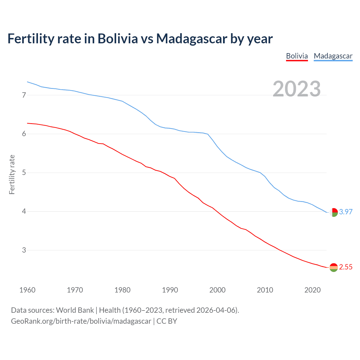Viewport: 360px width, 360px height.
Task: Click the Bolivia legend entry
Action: pos(297,56)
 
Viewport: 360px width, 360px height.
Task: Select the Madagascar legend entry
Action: pos(333,56)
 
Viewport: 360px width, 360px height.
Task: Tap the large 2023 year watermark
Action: pos(297,89)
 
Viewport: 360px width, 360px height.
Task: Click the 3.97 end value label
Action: pos(346,212)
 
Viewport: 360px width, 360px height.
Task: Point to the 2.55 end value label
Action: pos(346,267)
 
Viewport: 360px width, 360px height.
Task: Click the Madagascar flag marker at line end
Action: pos(334,212)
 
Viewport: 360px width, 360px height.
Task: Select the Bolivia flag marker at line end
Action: pos(334,267)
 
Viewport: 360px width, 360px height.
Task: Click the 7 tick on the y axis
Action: pos(24,95)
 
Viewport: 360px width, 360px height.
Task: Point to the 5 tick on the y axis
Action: pos(24,172)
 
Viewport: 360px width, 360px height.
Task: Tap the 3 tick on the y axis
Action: pos(24,250)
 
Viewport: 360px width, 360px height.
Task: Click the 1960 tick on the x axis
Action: pos(27,290)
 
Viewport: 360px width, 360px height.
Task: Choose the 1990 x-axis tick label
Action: pos(170,290)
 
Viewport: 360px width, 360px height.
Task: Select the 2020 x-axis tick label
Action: pos(312,290)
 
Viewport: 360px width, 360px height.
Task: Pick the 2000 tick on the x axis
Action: pos(217,290)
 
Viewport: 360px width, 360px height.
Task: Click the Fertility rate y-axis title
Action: pos(12,174)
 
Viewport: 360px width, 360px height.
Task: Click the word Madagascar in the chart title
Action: pos(192,39)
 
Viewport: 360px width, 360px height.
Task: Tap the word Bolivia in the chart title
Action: pos(118,39)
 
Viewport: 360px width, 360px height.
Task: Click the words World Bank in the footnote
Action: pos(75,310)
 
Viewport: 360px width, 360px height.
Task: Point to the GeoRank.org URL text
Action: pos(81,321)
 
